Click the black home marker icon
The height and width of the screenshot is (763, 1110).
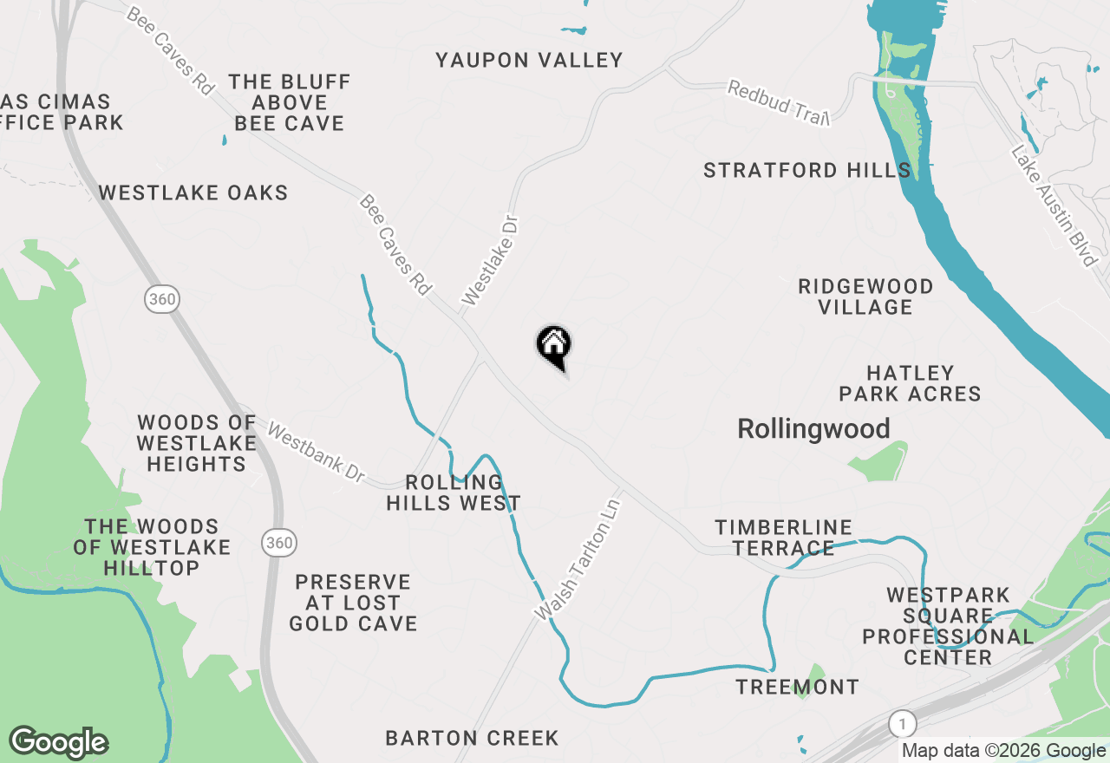point(553,346)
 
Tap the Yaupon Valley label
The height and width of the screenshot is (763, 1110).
point(529,60)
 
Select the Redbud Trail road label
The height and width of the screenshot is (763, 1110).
point(779,102)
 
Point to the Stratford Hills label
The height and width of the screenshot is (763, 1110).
point(806,170)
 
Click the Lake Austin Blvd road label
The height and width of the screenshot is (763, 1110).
point(1054,205)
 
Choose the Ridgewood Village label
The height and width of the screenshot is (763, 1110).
point(865,297)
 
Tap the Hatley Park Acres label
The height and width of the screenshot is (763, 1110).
point(910,383)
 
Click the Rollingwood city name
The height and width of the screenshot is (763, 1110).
point(813,428)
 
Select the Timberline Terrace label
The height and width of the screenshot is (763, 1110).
point(783,538)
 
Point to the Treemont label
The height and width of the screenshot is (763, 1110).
point(797,688)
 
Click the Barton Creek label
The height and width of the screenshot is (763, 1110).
point(472,739)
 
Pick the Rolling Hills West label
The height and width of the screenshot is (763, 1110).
point(454,492)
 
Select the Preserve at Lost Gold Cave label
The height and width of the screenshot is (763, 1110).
point(353,603)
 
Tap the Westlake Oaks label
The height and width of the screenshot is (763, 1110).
point(193,192)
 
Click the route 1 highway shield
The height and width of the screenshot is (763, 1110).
point(902,723)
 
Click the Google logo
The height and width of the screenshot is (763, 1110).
point(59,742)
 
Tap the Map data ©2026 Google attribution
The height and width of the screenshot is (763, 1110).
point(1003,751)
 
